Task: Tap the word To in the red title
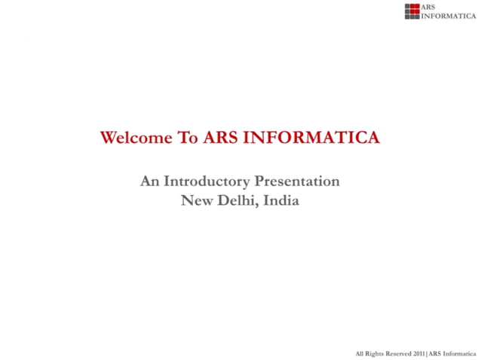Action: click(x=188, y=138)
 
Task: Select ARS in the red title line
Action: click(x=219, y=138)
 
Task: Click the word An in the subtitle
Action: click(x=149, y=182)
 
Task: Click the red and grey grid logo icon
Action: click(x=412, y=11)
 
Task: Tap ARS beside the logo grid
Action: click(x=429, y=7)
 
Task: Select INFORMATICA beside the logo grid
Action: click(x=449, y=16)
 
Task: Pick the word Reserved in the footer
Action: click(x=400, y=352)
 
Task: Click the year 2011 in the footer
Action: click(x=420, y=352)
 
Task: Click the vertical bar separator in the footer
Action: click(x=427, y=352)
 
